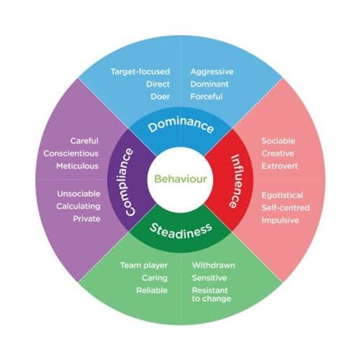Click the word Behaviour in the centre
click(180, 180)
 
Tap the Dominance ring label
click(180, 127)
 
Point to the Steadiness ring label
click(180, 231)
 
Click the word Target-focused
click(141, 71)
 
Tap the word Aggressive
click(212, 71)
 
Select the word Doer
click(159, 96)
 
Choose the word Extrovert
click(280, 166)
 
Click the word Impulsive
click(280, 220)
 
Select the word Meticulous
click(78, 166)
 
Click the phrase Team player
click(144, 265)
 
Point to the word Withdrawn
click(213, 265)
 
